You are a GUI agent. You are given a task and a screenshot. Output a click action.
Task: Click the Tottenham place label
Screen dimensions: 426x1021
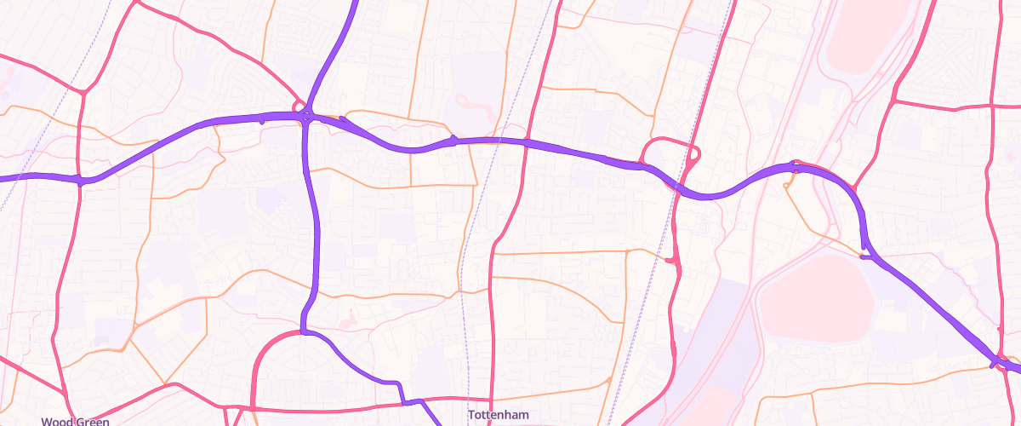498,415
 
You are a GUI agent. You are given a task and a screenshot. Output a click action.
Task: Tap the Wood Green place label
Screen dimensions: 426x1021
75,421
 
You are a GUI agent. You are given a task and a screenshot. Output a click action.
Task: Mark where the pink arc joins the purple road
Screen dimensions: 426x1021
304,331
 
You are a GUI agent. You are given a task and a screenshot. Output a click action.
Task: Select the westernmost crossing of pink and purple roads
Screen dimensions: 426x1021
80,180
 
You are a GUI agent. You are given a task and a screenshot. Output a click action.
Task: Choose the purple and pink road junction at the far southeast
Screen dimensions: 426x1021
995,362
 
